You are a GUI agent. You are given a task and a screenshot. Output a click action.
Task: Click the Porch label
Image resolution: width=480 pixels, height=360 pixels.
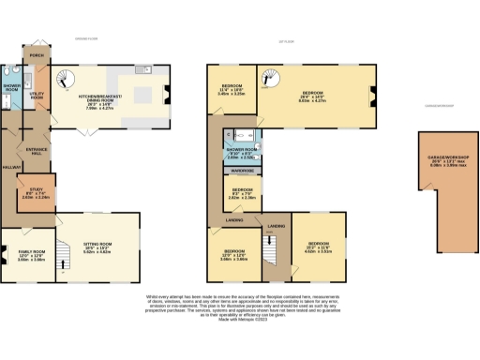click(x=37, y=56)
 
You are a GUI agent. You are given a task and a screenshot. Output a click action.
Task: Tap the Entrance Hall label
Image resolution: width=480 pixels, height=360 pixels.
click(x=38, y=152)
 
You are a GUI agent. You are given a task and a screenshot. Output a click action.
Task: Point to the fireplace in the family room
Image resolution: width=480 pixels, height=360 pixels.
click(x=5, y=253)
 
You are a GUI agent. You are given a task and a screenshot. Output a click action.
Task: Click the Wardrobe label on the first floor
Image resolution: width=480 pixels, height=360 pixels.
click(x=239, y=172)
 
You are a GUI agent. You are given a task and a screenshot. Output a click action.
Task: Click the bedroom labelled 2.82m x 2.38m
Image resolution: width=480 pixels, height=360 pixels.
click(x=239, y=195)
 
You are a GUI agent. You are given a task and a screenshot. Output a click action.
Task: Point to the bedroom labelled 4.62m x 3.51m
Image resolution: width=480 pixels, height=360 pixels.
click(x=319, y=249)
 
